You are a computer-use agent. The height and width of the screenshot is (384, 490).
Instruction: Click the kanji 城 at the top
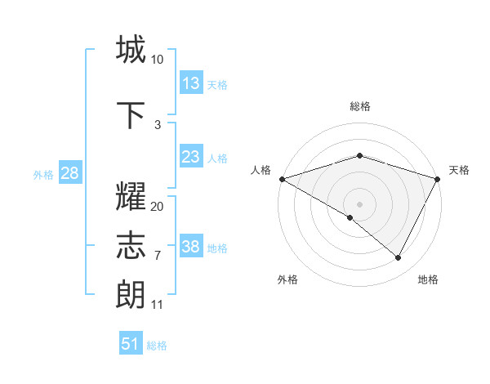point(131,50)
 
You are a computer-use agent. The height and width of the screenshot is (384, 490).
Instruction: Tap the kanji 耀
point(131,199)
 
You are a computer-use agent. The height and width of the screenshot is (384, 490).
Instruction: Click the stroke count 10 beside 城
point(158,60)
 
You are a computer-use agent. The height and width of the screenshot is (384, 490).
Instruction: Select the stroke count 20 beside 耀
point(158,207)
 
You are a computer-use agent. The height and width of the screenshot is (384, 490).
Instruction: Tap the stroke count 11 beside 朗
point(158,305)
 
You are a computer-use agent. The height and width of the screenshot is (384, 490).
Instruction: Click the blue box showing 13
point(191,83)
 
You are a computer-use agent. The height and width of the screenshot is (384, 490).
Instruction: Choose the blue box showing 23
point(191,157)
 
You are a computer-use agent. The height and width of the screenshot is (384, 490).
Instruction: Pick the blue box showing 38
point(191,247)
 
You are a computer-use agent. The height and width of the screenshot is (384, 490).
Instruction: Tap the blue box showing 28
point(69,173)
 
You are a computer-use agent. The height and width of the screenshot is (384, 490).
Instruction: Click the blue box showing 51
point(131,344)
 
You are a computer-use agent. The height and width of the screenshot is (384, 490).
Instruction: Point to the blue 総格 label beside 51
point(157,346)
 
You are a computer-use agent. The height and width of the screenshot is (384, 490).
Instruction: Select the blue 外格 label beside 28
point(43,174)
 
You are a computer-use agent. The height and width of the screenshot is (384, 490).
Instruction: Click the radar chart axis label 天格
point(459,170)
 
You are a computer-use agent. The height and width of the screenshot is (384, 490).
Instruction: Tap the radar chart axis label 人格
point(261,170)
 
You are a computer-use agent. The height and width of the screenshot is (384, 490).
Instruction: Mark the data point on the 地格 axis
point(399,258)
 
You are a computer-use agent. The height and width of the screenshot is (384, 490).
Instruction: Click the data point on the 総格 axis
point(360,155)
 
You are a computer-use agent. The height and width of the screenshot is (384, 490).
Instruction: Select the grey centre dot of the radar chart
point(360,203)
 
